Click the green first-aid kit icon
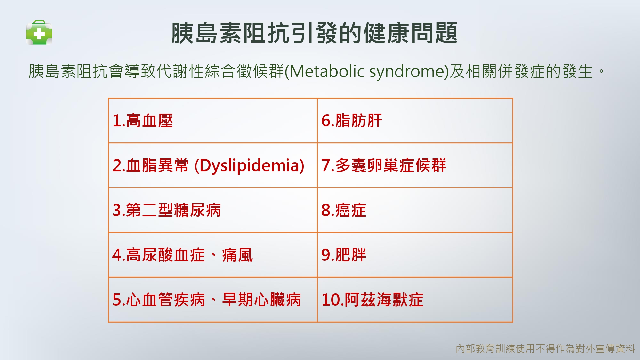39,32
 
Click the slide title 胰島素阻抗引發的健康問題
314,33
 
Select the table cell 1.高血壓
212,121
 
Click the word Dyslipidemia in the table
249,166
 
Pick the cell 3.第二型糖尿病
212,210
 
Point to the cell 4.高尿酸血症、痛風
212,255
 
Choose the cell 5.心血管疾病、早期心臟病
212,300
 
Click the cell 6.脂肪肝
415,121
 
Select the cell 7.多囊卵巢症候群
415,165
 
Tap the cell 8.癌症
415,210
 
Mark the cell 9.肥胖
415,255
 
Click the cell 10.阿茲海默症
415,300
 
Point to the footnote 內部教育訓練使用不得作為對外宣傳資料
545,348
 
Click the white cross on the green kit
39,34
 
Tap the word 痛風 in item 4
237,255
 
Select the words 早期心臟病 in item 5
261,300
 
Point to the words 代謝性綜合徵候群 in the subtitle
220,71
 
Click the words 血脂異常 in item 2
157,165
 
